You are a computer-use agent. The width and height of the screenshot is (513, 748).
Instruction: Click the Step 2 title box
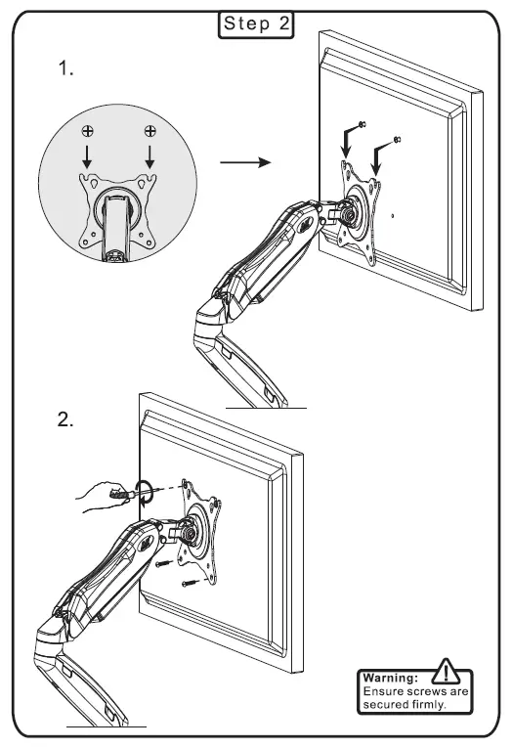click(256, 24)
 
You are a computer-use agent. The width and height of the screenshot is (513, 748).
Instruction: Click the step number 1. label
click(67, 70)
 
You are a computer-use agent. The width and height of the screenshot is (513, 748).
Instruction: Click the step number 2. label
click(67, 420)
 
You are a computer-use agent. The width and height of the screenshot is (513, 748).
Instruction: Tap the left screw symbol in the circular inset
click(89, 130)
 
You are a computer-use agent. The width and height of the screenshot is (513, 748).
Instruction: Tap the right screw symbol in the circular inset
click(150, 130)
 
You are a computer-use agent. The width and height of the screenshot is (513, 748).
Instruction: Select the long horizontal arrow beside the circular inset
click(243, 161)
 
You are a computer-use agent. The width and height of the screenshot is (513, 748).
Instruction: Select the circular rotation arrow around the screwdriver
click(144, 491)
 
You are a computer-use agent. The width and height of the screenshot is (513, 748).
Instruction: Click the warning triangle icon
click(446, 673)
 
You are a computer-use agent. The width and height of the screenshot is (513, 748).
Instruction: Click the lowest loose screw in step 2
click(188, 584)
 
